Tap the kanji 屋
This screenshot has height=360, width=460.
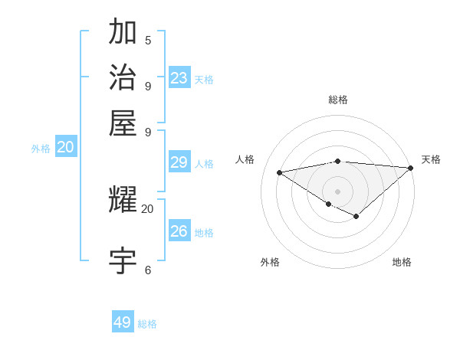pyautogui.click(x=123, y=122)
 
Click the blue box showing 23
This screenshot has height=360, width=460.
pyautogui.click(x=179, y=78)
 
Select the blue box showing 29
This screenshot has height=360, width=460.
pyautogui.click(x=179, y=162)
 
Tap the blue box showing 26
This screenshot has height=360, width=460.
pyautogui.click(x=179, y=231)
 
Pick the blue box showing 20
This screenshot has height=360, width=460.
pyautogui.click(x=66, y=148)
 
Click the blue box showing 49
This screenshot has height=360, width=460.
pyautogui.click(x=123, y=322)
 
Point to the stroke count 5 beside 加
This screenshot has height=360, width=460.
pyautogui.click(x=148, y=41)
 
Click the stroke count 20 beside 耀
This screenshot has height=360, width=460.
pyautogui.click(x=147, y=208)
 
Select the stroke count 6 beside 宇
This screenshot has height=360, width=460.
pyautogui.click(x=148, y=270)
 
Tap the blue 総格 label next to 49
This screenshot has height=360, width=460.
pyautogui.click(x=147, y=324)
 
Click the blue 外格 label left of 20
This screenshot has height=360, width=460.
pyautogui.click(x=41, y=149)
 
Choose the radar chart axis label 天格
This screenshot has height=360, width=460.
pyautogui.click(x=431, y=159)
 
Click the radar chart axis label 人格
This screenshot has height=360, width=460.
pyautogui.click(x=245, y=159)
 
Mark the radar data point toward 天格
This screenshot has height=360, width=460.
pyautogui.click(x=410, y=168)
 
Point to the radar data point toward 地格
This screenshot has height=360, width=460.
pyautogui.click(x=356, y=217)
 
